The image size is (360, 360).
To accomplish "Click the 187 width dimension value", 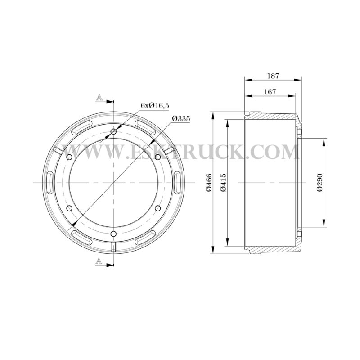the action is pos(273,76).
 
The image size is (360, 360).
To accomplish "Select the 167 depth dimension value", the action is pos(270,92).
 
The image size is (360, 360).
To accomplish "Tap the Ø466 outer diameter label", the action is pos(209,183).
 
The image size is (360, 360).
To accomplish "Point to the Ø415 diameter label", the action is pos(223,183).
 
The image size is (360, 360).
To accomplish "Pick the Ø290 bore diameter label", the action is pos(320,183).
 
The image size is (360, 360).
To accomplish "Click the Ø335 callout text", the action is pos(181,119).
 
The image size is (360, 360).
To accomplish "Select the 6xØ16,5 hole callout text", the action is pos(155,105).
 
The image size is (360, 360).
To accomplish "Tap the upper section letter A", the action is pos(99,98).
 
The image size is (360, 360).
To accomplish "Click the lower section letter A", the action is pos(99,261).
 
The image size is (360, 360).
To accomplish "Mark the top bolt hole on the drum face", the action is pos(114,131).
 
